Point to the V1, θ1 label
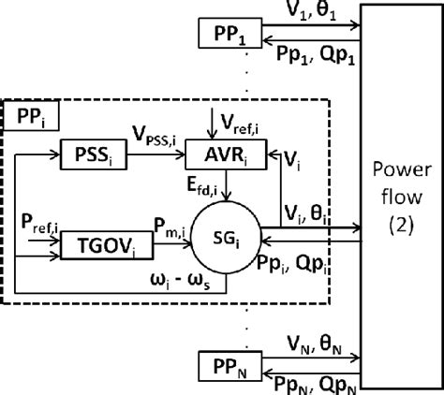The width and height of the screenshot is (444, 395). click(x=309, y=15)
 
